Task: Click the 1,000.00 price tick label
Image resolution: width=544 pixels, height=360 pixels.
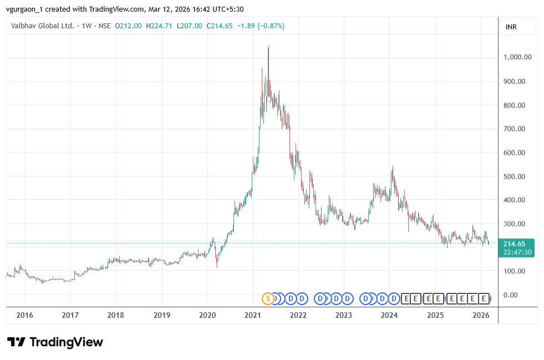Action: point(517,57)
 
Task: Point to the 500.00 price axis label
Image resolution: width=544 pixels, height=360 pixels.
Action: point(517,176)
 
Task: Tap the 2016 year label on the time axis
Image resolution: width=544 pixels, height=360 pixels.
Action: point(25,315)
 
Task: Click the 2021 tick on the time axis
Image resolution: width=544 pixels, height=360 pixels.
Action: point(253,315)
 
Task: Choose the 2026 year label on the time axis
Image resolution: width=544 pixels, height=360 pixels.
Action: point(480,315)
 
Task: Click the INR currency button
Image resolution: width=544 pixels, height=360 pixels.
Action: point(511,27)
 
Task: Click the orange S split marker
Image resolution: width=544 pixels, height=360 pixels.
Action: point(268,298)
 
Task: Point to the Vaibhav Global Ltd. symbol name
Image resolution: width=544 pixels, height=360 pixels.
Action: point(42,26)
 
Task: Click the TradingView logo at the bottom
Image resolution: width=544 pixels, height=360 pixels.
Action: point(55,342)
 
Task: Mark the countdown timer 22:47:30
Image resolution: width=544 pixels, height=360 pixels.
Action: point(517,252)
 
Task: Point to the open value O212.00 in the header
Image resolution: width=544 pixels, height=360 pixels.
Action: point(128,26)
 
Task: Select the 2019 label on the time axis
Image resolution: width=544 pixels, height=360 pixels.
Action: point(161,315)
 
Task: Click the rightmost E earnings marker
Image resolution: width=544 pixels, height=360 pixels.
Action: point(484,298)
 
